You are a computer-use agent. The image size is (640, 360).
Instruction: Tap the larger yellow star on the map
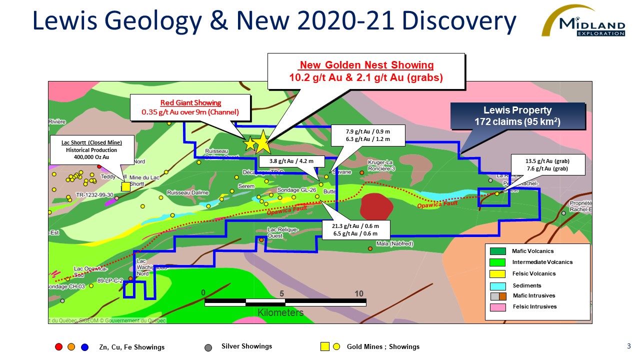[262, 142]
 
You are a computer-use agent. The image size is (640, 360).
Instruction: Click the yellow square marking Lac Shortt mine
[126, 186]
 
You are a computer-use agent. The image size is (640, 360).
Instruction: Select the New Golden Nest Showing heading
[366, 65]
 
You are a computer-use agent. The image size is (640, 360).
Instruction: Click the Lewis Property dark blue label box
[517, 115]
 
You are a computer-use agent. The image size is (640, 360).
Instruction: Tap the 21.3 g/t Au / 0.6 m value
[355, 225]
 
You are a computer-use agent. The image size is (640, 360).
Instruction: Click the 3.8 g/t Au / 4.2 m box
[292, 161]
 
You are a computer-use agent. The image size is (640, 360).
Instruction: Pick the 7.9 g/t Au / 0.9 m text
[367, 131]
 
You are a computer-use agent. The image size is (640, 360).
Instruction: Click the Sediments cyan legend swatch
[498, 285]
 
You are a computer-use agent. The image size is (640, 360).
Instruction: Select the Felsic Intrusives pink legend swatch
[498, 306]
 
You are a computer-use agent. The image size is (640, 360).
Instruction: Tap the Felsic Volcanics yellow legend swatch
[498, 273]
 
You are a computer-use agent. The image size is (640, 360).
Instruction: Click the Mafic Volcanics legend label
[533, 251]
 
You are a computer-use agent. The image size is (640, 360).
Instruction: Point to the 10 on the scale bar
[359, 293]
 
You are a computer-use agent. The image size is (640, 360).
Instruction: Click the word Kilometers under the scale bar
[280, 312]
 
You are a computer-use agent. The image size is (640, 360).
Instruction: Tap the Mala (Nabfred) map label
[395, 244]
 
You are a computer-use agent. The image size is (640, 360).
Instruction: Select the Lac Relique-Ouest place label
[283, 232]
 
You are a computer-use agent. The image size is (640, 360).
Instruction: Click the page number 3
[628, 346]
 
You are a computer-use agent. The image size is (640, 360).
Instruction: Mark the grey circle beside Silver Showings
[208, 347]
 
